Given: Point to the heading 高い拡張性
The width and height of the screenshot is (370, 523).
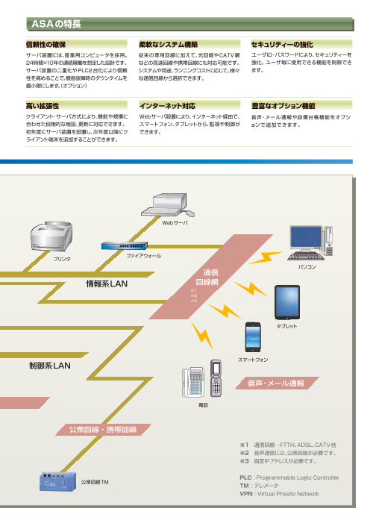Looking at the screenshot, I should pyautogui.click(x=42, y=107).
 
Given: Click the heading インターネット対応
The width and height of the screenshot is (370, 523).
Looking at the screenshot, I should pyautogui.click(x=167, y=107).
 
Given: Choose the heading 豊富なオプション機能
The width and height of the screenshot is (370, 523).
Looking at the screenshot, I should pyautogui.click(x=283, y=107).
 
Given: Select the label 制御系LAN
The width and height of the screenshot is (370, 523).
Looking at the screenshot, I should pyautogui.click(x=49, y=366).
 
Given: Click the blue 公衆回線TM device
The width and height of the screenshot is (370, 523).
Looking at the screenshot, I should pyautogui.click(x=58, y=483).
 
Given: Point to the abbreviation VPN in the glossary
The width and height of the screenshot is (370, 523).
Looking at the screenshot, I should pyautogui.click(x=246, y=493).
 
